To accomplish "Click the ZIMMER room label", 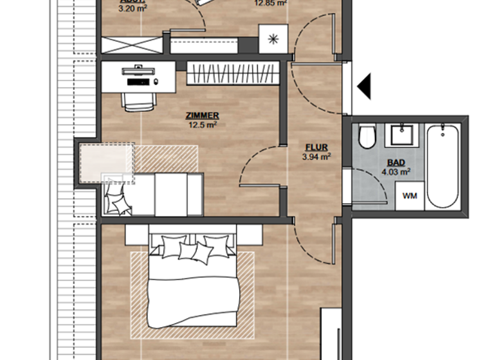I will [202, 116].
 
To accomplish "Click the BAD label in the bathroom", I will [396, 163].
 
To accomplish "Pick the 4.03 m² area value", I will [396, 172].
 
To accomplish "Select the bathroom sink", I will [402, 135].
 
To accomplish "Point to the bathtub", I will [443, 166].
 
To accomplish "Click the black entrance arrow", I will [365, 86].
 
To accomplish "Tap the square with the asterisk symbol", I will [273, 39].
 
